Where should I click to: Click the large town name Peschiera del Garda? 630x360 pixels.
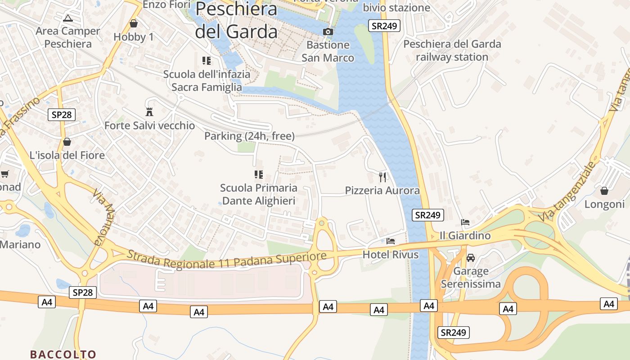point(236,20)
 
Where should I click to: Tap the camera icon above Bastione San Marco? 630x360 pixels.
point(328,31)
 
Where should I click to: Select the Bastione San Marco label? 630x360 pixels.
point(328,51)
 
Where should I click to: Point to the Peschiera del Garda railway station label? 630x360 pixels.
point(452,50)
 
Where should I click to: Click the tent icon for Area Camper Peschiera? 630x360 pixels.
point(68,18)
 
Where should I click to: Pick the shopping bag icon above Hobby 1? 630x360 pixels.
point(133,23)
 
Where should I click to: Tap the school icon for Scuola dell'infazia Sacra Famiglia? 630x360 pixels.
point(207,61)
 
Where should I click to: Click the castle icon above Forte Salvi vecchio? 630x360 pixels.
point(149,112)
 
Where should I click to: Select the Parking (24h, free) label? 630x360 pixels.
point(249,136)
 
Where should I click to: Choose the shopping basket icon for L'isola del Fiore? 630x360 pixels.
point(67,142)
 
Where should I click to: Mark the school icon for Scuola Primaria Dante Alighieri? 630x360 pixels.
point(259,174)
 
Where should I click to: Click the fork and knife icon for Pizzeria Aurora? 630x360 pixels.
point(382,177)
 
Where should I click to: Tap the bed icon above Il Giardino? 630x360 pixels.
point(465,222)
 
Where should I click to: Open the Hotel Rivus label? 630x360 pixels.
point(390,255)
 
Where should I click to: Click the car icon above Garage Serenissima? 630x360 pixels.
point(471,258)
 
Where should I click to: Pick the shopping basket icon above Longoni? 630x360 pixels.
point(604,191)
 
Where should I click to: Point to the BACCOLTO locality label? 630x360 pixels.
point(63,354)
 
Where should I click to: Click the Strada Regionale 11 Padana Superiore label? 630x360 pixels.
point(226,259)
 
